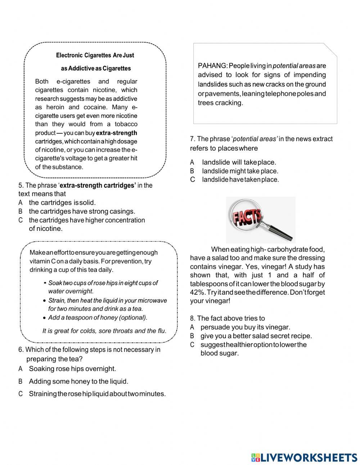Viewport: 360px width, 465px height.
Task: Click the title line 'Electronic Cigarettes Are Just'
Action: [x=95, y=55]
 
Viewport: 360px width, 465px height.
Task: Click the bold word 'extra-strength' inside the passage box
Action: [x=117, y=133]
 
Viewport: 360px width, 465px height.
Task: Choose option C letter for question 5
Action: [x=21, y=220]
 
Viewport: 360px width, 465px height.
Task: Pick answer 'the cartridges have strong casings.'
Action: [x=82, y=211]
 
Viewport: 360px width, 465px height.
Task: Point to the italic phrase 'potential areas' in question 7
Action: [x=255, y=139]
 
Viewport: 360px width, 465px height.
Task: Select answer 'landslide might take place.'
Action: [x=240, y=171]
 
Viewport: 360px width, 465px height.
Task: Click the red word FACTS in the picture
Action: [x=247, y=217]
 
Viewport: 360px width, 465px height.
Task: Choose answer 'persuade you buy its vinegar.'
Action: [x=245, y=327]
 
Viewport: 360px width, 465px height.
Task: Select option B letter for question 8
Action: [x=192, y=336]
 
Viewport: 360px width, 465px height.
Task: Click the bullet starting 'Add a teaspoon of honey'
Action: [x=98, y=318]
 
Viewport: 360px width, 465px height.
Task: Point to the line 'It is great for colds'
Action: [x=104, y=331]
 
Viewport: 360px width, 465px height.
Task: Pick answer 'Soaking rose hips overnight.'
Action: [x=72, y=369]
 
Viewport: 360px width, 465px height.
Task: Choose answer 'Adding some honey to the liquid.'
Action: [x=78, y=381]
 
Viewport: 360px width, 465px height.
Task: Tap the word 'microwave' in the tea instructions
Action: [x=151, y=300]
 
